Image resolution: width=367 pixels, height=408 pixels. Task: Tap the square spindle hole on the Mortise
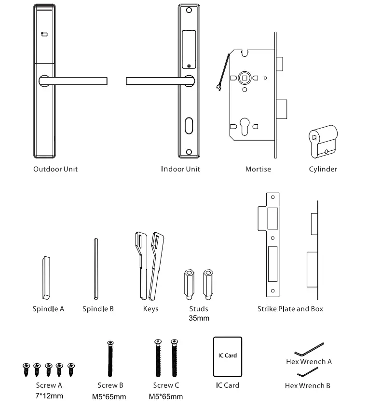point(245,78)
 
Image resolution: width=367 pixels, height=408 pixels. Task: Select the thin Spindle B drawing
point(95,269)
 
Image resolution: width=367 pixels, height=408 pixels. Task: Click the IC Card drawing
point(227,357)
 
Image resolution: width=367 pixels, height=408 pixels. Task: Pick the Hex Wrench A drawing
point(309,348)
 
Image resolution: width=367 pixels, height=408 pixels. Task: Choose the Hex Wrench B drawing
point(308,372)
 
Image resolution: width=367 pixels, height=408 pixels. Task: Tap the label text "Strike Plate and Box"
point(290,309)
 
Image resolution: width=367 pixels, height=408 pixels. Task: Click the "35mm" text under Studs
point(199,318)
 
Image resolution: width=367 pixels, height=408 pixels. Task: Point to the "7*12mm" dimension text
point(49,396)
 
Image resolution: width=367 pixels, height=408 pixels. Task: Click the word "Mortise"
point(258,169)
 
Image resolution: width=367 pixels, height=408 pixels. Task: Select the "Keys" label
point(150,309)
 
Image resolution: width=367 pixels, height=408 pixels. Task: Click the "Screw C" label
point(166,385)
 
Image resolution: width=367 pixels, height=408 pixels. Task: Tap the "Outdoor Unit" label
point(55,169)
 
